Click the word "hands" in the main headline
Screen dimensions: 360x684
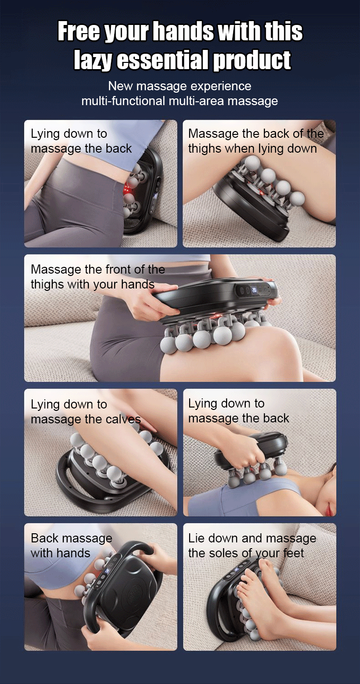[x=184, y=31]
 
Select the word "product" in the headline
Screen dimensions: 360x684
[x=252, y=60]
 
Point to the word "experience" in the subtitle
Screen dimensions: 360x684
[x=221, y=86]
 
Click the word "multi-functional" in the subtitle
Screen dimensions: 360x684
[x=123, y=101]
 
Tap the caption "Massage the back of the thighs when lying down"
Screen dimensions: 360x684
[x=256, y=141]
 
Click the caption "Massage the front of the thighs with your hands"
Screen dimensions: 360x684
[x=98, y=276]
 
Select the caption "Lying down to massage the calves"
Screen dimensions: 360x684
[x=85, y=412]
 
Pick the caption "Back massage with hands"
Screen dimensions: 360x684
[x=72, y=545]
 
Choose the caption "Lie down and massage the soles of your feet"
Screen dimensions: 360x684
[x=252, y=545]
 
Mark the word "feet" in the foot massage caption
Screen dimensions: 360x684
[x=293, y=553]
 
